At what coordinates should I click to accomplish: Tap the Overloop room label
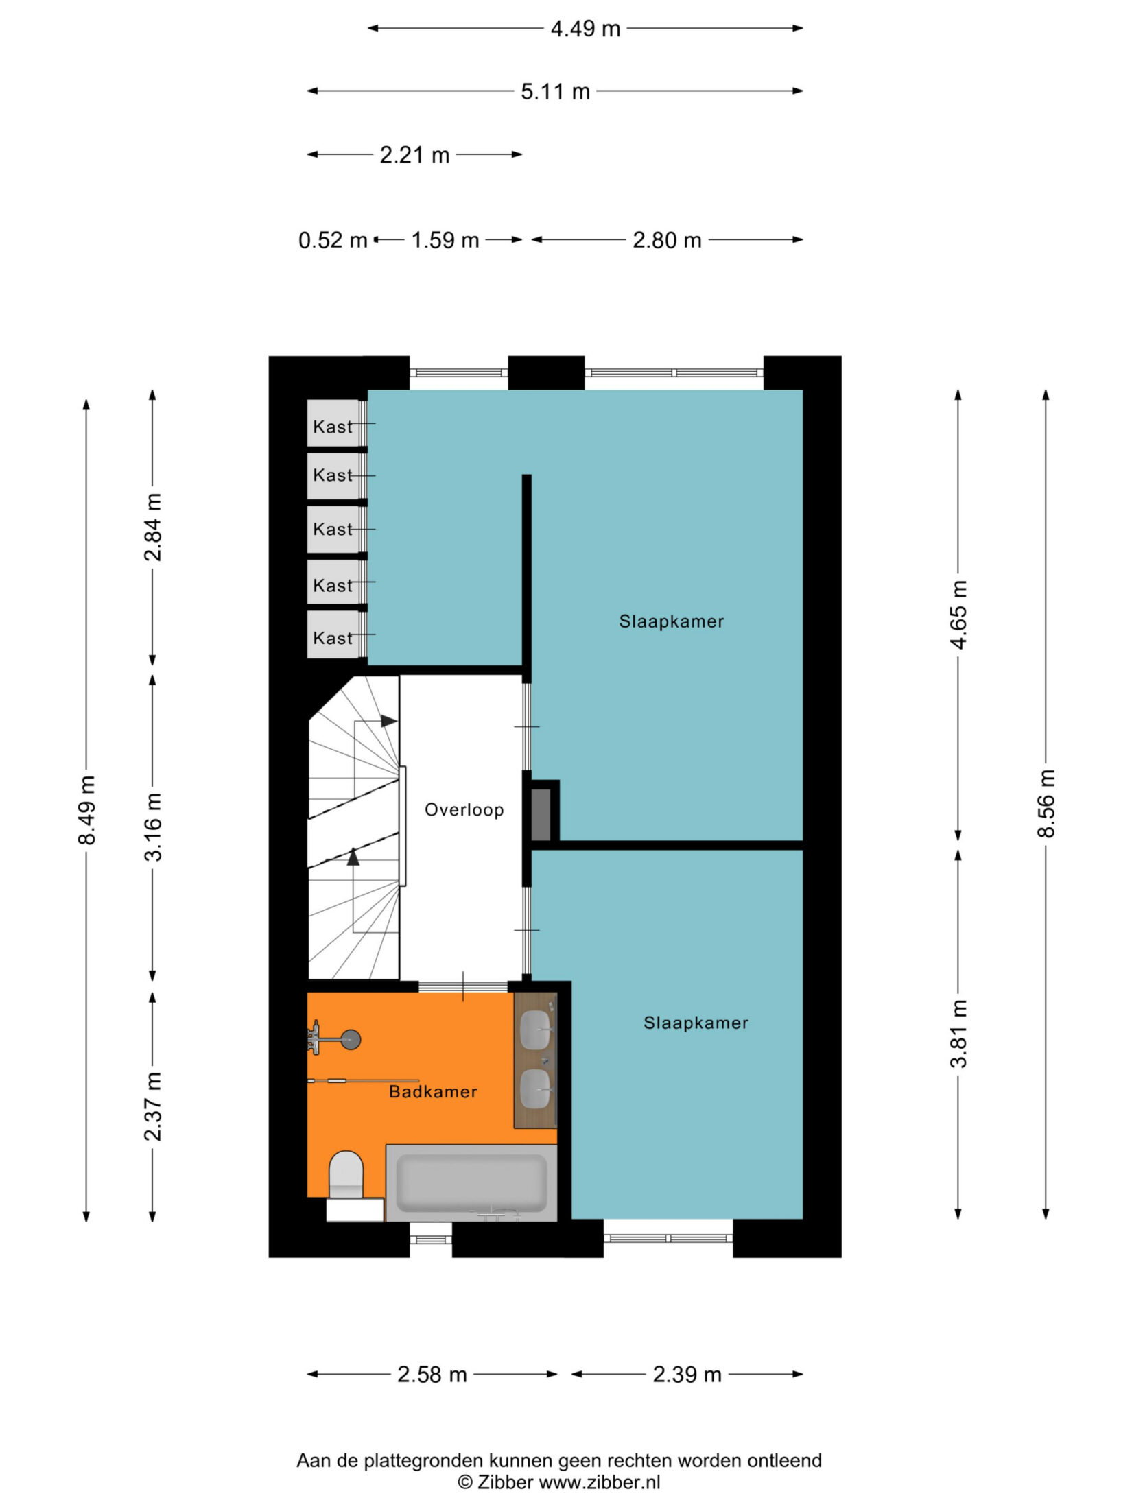[464, 809]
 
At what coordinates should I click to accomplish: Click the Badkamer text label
[433, 1091]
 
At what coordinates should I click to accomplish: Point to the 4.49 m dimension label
[585, 29]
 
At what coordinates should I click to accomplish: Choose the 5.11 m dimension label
[555, 91]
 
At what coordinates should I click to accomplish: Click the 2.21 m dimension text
[414, 155]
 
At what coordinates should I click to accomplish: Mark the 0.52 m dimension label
[333, 240]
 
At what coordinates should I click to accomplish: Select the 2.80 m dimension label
[667, 240]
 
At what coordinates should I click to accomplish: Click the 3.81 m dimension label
[958, 1033]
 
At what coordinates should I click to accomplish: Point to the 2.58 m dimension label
[432, 1375]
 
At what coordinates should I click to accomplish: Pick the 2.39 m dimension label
[687, 1375]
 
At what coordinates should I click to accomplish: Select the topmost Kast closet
[333, 423]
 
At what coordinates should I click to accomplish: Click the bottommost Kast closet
[333, 635]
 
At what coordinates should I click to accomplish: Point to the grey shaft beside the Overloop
[541, 814]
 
